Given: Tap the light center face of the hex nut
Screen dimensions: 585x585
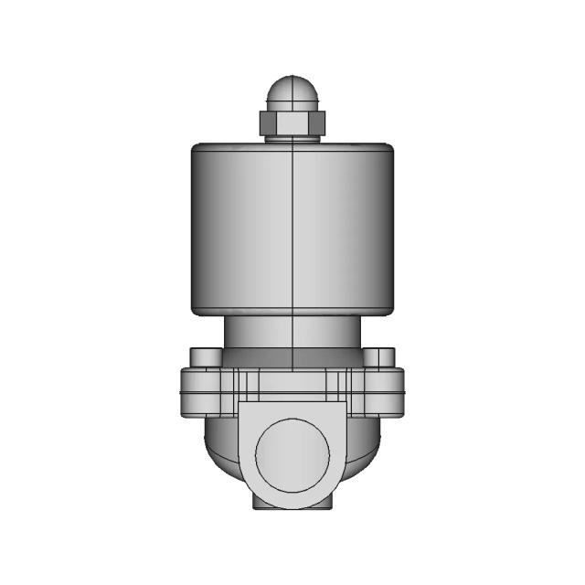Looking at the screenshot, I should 291,122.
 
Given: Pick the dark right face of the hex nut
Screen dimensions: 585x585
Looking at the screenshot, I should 315,122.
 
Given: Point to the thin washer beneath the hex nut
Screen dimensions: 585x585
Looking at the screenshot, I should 291,137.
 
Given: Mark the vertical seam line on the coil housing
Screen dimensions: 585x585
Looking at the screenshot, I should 291,229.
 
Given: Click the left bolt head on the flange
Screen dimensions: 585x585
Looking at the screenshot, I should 202,356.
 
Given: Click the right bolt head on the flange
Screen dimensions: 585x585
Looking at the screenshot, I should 380,356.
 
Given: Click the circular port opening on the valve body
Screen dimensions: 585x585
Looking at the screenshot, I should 291,454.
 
